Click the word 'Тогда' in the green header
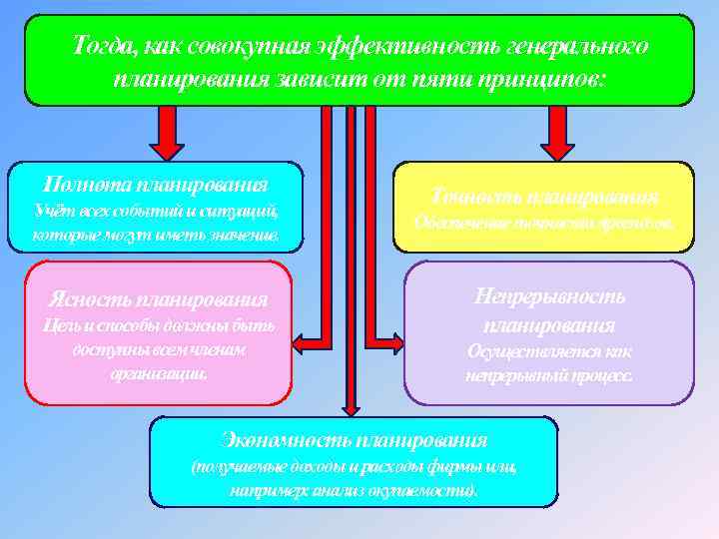(x=103, y=46)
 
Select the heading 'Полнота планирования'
(x=155, y=184)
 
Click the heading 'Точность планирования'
(x=544, y=195)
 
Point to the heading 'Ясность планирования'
(x=158, y=298)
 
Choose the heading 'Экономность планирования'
(x=354, y=439)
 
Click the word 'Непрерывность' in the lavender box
(x=549, y=296)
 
